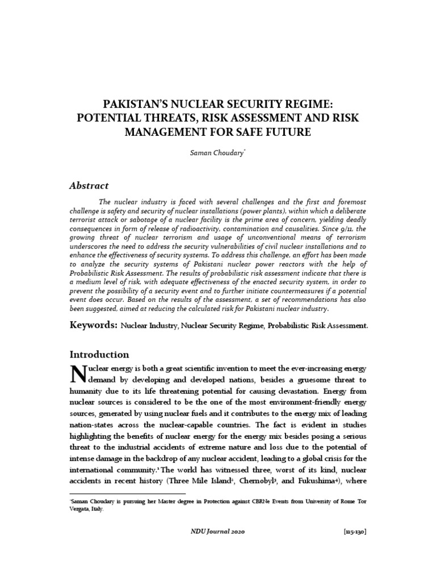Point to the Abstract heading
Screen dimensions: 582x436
[89, 185]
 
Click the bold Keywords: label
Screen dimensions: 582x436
[93, 326]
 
